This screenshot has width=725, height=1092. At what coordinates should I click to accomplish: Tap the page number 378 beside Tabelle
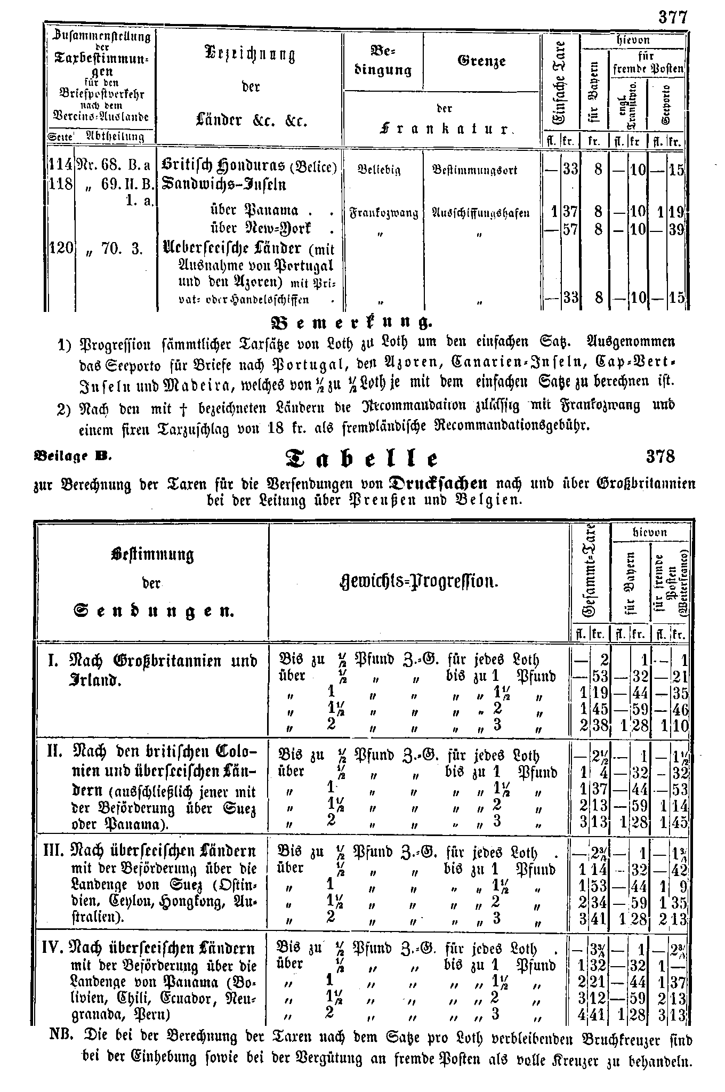(x=660, y=457)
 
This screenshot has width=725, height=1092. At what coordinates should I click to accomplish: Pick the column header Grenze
(x=481, y=61)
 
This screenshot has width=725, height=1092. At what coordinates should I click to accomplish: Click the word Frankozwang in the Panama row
(x=383, y=214)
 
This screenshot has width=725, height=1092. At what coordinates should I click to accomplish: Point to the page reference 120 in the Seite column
(x=61, y=248)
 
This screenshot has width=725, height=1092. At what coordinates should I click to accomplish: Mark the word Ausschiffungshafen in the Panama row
(x=481, y=214)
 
